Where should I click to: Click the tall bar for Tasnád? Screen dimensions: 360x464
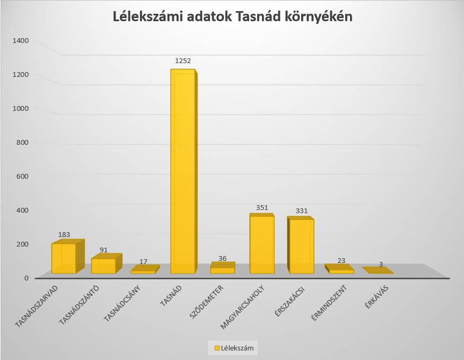183,172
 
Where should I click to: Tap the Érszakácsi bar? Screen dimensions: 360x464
301,246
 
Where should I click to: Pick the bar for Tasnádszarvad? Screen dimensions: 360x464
64,258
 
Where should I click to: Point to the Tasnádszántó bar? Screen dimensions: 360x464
103,266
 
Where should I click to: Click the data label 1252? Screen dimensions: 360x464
183,60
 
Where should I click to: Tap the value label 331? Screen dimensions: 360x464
301,210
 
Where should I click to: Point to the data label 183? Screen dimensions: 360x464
64,234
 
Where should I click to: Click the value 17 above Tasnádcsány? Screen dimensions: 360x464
143,261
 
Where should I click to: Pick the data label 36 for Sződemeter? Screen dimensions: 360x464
222,258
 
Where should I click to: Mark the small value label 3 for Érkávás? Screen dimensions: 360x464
381,264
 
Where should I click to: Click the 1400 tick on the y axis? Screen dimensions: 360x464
21,40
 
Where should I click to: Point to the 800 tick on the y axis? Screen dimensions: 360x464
23,142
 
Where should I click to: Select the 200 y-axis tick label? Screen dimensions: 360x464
23,244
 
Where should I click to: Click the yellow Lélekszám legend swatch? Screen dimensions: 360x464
216,348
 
